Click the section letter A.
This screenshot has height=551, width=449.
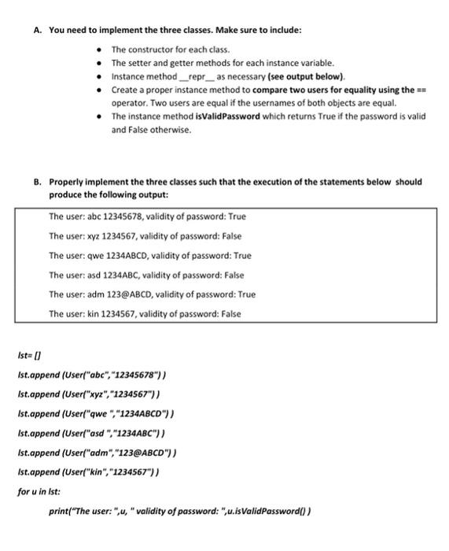click(37, 30)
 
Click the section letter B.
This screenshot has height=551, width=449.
click(37, 181)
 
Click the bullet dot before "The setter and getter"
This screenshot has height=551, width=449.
click(101, 62)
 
